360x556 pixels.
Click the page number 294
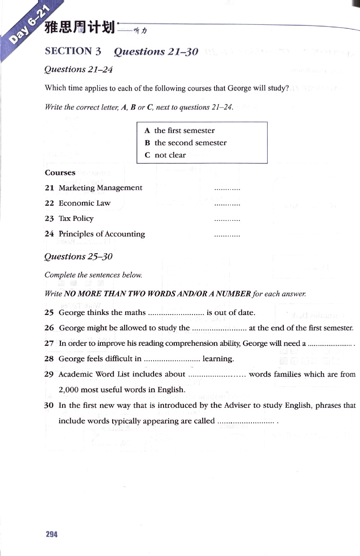tap(52, 534)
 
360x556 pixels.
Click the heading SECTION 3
tap(73, 51)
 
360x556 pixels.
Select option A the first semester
tap(179, 131)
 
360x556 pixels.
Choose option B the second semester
tap(185, 143)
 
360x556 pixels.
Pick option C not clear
tap(165, 155)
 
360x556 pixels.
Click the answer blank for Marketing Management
tap(227, 189)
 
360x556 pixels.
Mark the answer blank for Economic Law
tap(227, 204)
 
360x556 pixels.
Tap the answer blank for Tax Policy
tap(227, 219)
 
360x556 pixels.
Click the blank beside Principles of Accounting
tap(227, 235)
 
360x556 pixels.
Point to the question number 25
tap(50, 312)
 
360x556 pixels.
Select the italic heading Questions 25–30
tap(78, 256)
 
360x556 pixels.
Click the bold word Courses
tap(60, 173)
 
